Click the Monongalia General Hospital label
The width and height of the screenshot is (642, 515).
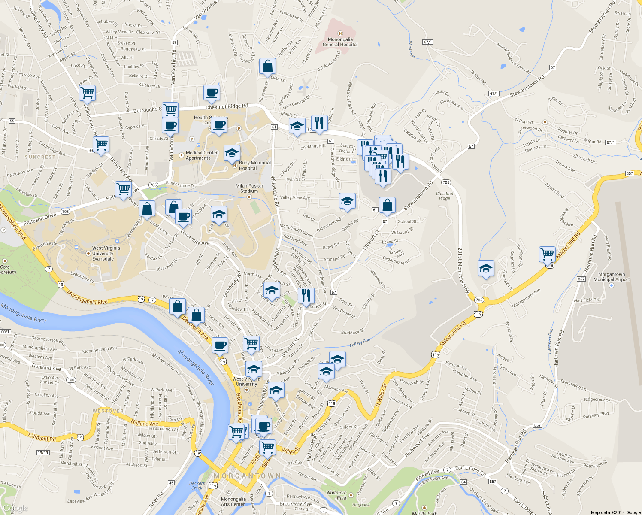tap(340, 42)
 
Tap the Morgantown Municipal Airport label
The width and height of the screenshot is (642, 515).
tap(611, 277)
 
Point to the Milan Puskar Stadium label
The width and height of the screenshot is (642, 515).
tap(249, 188)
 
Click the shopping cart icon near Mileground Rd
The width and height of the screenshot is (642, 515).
tap(547, 254)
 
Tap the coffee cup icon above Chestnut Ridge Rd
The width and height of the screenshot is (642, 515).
tap(212, 92)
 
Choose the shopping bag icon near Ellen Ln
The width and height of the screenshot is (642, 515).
tap(267, 67)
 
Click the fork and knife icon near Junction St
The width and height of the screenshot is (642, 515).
tap(306, 295)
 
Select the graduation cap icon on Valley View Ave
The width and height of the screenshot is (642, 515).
tap(347, 200)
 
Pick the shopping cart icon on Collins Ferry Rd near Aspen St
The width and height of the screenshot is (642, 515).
tap(87, 92)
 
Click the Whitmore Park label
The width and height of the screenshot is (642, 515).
tap(336, 495)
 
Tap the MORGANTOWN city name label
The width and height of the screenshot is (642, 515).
tap(247, 476)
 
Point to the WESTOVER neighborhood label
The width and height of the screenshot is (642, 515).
tap(108, 411)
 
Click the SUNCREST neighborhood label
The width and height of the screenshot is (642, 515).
tap(40, 157)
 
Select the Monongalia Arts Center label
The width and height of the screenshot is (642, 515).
tap(233, 502)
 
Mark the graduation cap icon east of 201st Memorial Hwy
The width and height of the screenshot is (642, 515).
tap(486, 269)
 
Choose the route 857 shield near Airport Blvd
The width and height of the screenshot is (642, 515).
tap(630, 173)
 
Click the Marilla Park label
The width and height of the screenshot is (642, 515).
tap(424, 513)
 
